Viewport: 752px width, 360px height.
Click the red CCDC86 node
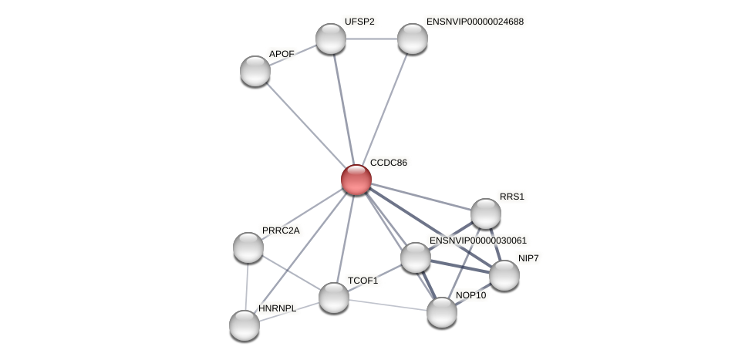tap(356, 180)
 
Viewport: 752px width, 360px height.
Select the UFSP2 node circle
tap(331, 39)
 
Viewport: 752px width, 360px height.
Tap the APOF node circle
tap(255, 71)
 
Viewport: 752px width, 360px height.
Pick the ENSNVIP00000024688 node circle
tap(413, 39)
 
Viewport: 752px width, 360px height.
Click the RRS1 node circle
tap(486, 214)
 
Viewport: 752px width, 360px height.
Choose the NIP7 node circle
tap(504, 275)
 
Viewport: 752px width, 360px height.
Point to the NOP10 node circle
tap(442, 312)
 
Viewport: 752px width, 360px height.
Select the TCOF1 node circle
tap(334, 298)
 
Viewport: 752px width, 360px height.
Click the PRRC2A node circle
tap(248, 247)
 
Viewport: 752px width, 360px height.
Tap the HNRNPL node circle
tap(244, 325)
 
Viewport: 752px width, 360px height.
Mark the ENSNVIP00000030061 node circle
tap(416, 257)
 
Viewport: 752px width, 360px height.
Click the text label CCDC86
tap(388, 163)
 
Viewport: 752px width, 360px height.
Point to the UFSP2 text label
tap(359, 22)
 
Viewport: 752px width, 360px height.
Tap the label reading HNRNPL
tap(277, 308)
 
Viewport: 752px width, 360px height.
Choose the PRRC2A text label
tap(281, 230)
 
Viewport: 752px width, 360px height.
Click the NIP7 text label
tap(528, 258)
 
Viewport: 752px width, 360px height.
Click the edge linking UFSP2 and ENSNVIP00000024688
tap(372, 39)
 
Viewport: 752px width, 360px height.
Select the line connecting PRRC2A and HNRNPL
tap(247, 286)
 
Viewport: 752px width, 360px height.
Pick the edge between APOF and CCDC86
tap(305, 125)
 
